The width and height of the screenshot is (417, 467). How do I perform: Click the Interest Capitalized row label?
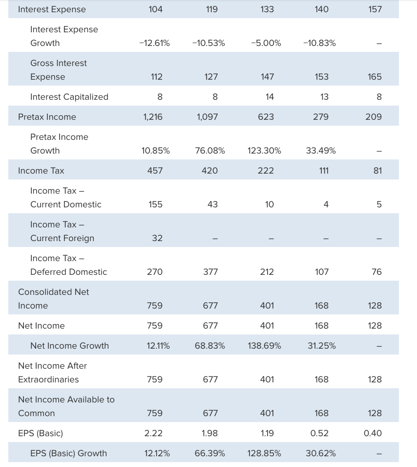tap(69, 97)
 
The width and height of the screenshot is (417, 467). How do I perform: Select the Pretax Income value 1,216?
tap(152, 117)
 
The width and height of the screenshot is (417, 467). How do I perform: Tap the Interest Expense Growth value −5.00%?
tap(266, 43)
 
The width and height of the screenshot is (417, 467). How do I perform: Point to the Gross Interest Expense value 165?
tap(375, 77)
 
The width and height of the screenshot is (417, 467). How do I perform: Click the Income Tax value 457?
tap(155, 171)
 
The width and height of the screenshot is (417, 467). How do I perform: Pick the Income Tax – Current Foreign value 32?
tap(157, 238)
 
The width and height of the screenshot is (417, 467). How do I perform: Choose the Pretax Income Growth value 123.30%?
tap(264, 151)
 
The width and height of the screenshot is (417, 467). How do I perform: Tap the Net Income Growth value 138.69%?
tap(264, 346)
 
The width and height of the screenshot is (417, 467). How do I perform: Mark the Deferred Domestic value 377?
tap(210, 272)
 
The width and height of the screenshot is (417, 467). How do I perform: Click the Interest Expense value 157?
tap(375, 9)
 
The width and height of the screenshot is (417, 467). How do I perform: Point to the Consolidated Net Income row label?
tap(53, 299)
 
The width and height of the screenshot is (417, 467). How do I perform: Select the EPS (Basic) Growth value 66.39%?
tap(209, 453)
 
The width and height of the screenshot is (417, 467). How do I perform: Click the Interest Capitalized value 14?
tap(270, 97)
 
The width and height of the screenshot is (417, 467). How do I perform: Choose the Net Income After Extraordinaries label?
tap(52, 373)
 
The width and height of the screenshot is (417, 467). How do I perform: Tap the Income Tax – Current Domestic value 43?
tap(212, 204)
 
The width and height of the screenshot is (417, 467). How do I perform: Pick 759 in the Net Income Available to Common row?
tap(155, 413)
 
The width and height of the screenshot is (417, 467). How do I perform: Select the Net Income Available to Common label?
tap(66, 406)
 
